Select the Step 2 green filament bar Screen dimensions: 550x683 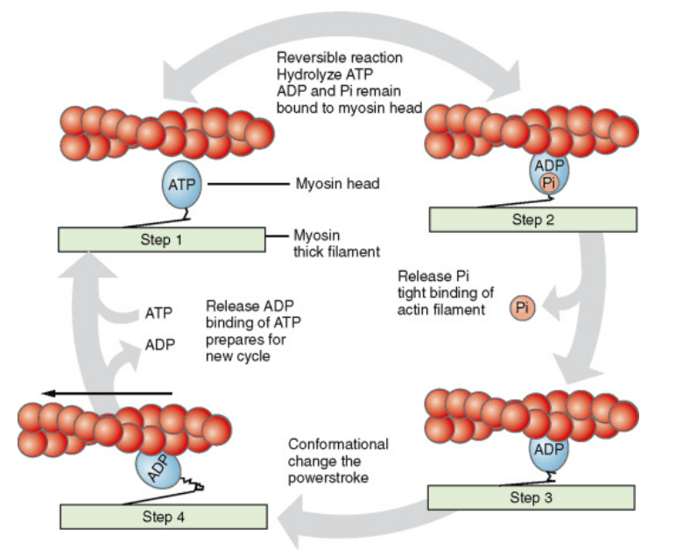[532, 220]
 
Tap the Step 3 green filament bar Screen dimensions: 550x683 [531, 497]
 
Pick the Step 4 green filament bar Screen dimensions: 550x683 [163, 517]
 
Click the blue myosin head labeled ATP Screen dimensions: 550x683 [183, 186]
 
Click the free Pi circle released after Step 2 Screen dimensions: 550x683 [524, 307]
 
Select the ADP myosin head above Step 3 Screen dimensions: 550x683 [548, 453]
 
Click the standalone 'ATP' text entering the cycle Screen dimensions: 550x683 [159, 312]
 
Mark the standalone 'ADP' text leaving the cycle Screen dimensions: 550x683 [159, 344]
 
